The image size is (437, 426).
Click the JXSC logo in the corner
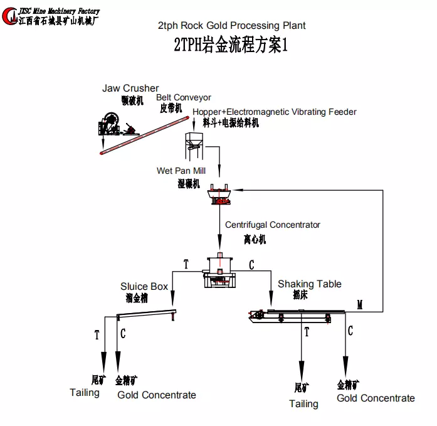pos(11,15)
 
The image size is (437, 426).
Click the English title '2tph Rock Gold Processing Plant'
pos(231,26)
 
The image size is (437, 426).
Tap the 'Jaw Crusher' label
pos(130,88)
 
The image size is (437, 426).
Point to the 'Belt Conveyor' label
pos(184,98)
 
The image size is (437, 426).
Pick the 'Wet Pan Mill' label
pos(181,171)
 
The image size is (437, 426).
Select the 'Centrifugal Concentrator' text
pos(273,225)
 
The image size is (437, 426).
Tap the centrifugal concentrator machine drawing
pos(219,270)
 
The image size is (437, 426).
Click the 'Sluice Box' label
pos(144,287)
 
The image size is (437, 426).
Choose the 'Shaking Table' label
pos(310,284)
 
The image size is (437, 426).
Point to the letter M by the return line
pos(360,305)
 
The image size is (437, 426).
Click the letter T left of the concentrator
pos(186,265)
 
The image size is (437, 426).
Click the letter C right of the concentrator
pos(251,265)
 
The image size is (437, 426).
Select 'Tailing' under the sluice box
pos(85,393)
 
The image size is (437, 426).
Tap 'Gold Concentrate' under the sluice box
pos(157,395)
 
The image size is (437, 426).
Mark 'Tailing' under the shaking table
pos(303,404)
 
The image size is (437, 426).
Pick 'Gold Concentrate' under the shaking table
pos(376,398)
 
